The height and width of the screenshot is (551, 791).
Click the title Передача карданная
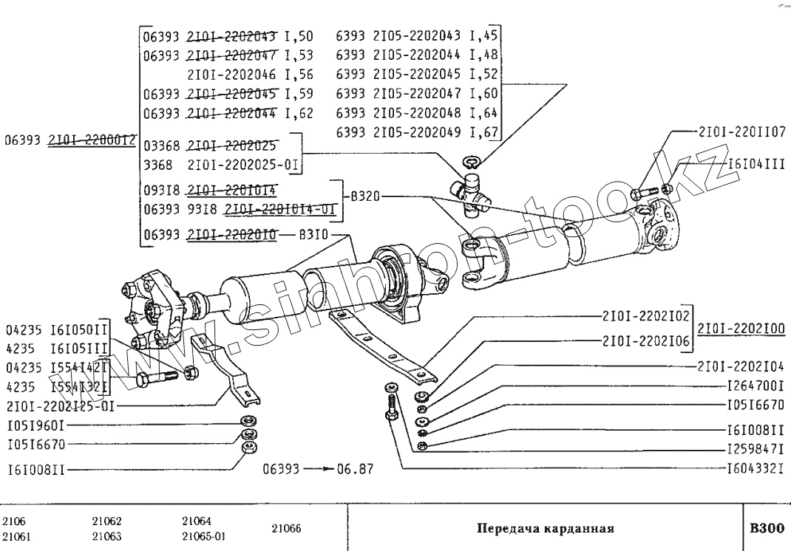tap(546, 529)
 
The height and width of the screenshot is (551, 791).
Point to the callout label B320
tap(364, 196)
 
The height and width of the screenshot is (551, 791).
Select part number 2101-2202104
tap(741, 366)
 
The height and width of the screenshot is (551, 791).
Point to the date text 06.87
tap(355, 468)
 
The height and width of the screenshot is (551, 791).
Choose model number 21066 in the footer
tap(286, 529)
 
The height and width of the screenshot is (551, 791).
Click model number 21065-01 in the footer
tap(203, 537)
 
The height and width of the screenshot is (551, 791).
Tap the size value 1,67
tap(485, 132)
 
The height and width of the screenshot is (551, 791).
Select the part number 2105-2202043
tap(418, 35)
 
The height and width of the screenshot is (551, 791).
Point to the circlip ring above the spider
tap(471, 161)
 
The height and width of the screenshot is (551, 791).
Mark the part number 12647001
tap(755, 386)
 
